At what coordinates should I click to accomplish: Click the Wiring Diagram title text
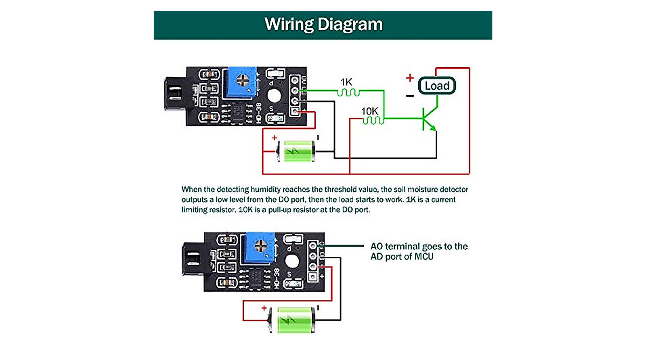pyautogui.click(x=323, y=24)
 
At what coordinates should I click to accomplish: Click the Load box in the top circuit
pyautogui.click(x=437, y=86)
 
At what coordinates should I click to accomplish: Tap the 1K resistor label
pyautogui.click(x=346, y=82)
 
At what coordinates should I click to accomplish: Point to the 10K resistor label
pyautogui.click(x=370, y=111)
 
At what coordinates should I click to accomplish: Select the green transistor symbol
pyautogui.click(x=428, y=119)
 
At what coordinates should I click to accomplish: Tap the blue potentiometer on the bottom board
pyautogui.click(x=260, y=247)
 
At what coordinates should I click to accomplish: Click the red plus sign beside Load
pyautogui.click(x=410, y=78)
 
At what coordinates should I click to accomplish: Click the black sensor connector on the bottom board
pyautogui.click(x=192, y=259)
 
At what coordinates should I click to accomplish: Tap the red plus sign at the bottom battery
pyautogui.click(x=264, y=308)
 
